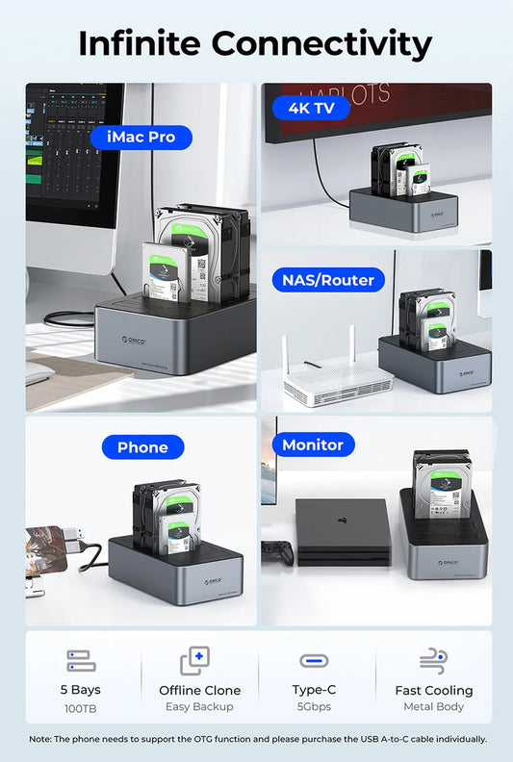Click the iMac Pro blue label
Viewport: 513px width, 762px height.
(141, 137)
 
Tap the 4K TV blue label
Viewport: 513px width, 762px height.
(311, 108)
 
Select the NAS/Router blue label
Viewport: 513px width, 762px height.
(328, 280)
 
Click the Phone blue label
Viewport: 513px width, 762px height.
(142, 446)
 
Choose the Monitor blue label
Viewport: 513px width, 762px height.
(313, 444)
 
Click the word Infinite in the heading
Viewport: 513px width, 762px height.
(139, 43)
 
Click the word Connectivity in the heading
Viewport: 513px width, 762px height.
(321, 43)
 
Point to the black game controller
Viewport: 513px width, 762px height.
(276, 551)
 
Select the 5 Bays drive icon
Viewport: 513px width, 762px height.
(81, 661)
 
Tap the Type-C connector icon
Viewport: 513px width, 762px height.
(314, 661)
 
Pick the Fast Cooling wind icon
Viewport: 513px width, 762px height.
(433, 661)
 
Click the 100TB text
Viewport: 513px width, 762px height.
(81, 707)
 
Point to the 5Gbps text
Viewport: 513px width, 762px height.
(314, 707)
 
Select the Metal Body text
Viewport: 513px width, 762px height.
(433, 707)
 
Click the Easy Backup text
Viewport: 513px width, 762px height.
(199, 707)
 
